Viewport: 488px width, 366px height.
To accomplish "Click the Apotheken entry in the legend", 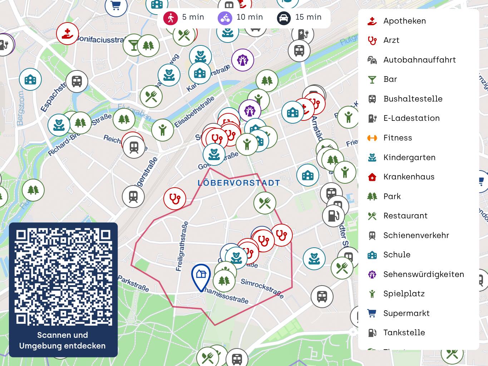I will point(404,21).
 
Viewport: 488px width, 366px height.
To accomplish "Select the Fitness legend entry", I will point(398,138).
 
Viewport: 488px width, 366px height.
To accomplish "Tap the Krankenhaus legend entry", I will point(409,177).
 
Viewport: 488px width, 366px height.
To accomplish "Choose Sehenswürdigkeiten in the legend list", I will point(423,274).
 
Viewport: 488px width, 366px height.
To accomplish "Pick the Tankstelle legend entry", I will point(404,332).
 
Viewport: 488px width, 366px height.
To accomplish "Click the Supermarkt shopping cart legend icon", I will point(372,313).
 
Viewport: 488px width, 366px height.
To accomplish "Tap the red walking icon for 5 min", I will point(171,18).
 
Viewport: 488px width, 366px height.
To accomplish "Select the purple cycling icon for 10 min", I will point(225,18).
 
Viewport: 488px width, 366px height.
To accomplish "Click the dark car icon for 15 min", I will point(284,18).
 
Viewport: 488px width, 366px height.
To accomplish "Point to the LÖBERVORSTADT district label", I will point(239,183).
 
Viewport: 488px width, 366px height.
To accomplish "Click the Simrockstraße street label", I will point(262,288).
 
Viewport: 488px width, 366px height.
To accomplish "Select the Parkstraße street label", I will point(133,283).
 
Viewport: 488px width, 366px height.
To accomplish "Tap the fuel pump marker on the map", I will point(333,216).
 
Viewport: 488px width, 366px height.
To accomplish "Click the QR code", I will point(63,277).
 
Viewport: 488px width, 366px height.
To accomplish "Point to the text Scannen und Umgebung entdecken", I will point(63,340).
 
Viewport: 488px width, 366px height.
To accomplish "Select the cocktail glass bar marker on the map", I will point(134,45).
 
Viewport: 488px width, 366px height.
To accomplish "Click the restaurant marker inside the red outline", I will point(265,203).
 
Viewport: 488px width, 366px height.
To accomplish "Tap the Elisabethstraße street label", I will point(194,112).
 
